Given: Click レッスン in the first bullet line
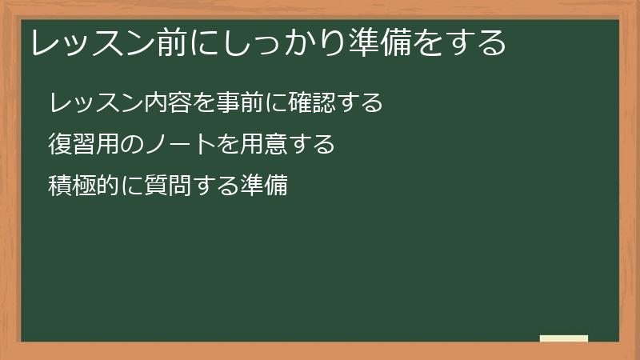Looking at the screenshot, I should [97, 103].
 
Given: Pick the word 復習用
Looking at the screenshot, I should [85, 145].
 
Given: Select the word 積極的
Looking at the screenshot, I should [85, 186].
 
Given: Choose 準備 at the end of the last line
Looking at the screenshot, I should [264, 186].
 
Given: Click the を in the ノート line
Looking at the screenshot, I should [227, 145].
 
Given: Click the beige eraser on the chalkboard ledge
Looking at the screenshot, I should [564, 338].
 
